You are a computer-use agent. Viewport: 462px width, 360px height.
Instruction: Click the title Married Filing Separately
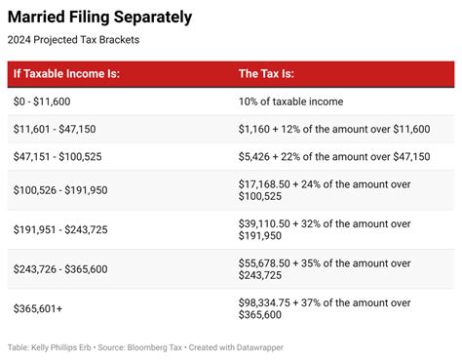100,18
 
